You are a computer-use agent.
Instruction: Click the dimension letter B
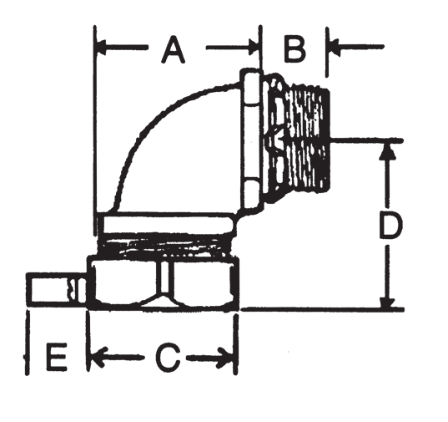[x=294, y=49]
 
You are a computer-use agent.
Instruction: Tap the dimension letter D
[x=386, y=226]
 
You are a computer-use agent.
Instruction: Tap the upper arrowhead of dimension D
[x=386, y=150]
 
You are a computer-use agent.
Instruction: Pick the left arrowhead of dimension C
[x=97, y=358]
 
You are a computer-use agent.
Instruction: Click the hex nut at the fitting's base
[x=167, y=282]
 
